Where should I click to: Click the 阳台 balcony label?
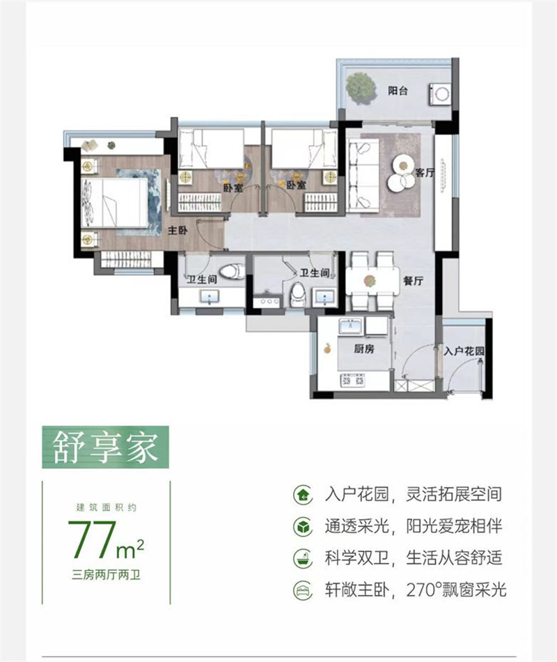click(x=399, y=88)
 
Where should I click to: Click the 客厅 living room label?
click(x=425, y=174)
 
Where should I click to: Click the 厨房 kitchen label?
click(x=364, y=348)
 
